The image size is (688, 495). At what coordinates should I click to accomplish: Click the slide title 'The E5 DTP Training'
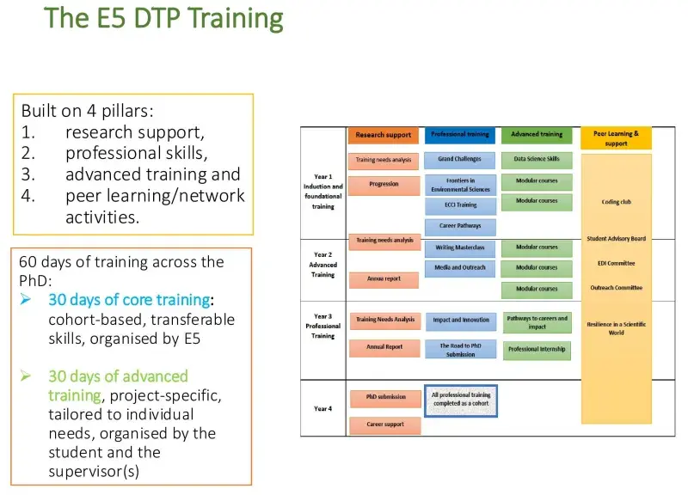[163, 17]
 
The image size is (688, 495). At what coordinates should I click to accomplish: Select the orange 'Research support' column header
[384, 135]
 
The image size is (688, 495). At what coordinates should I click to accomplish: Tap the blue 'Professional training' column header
[460, 135]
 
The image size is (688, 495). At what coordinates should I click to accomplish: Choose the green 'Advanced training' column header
[537, 135]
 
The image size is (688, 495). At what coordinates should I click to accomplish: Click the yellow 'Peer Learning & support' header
[616, 138]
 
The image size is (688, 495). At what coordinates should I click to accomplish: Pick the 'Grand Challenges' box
[460, 160]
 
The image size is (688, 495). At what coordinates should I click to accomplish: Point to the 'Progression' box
[384, 184]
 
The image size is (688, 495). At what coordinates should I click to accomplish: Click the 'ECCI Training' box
[460, 205]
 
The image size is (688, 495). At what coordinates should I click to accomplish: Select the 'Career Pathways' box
[460, 226]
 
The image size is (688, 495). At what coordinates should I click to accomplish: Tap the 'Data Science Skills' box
[537, 160]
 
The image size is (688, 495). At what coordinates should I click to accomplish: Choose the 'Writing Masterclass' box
[460, 247]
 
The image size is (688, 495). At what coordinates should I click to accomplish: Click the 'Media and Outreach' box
[460, 268]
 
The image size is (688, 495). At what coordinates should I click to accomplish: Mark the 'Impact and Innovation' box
[460, 321]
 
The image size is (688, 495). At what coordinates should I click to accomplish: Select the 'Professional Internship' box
[537, 350]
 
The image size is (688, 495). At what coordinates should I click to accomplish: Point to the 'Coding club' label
[616, 203]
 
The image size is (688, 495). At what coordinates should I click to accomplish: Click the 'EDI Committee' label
[616, 264]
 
